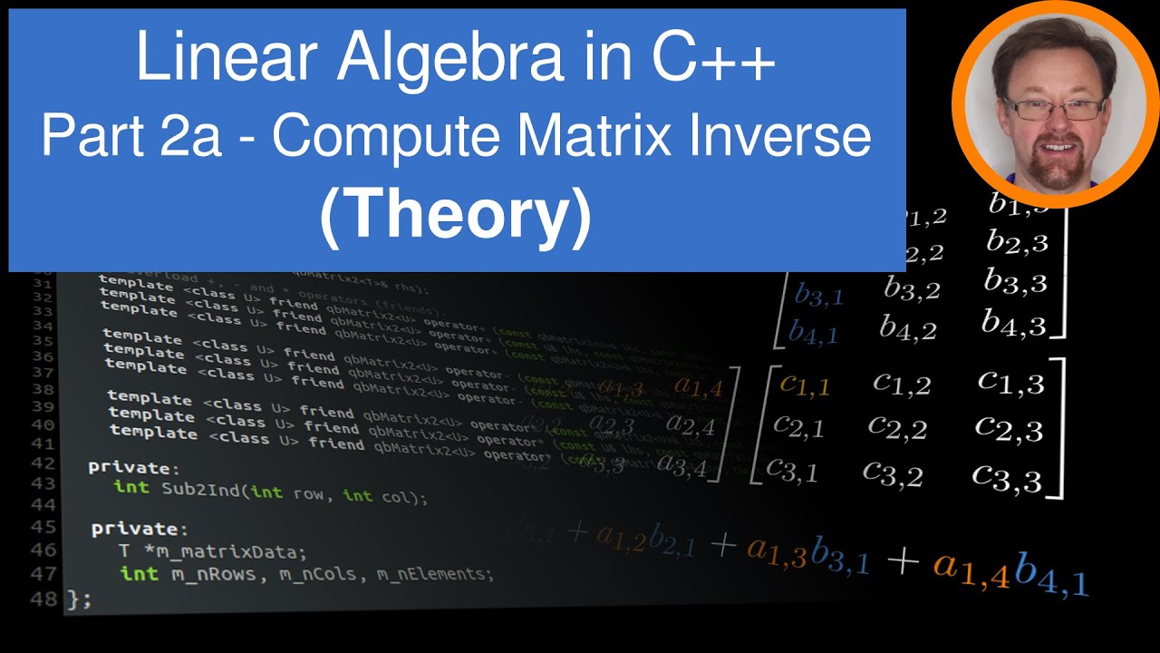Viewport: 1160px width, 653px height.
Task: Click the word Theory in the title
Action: point(456,215)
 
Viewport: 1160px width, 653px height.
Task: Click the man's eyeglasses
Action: point(1046,108)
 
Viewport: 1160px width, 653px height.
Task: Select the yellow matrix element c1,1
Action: point(805,385)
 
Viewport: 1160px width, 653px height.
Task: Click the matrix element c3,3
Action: point(1007,475)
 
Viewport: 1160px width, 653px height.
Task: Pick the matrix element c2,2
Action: point(897,425)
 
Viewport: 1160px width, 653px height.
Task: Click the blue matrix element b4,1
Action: point(813,333)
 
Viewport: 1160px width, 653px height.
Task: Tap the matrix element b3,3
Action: point(1016,281)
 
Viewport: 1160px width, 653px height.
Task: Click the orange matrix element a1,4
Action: point(698,388)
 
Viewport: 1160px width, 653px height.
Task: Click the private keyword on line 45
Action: point(140,528)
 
